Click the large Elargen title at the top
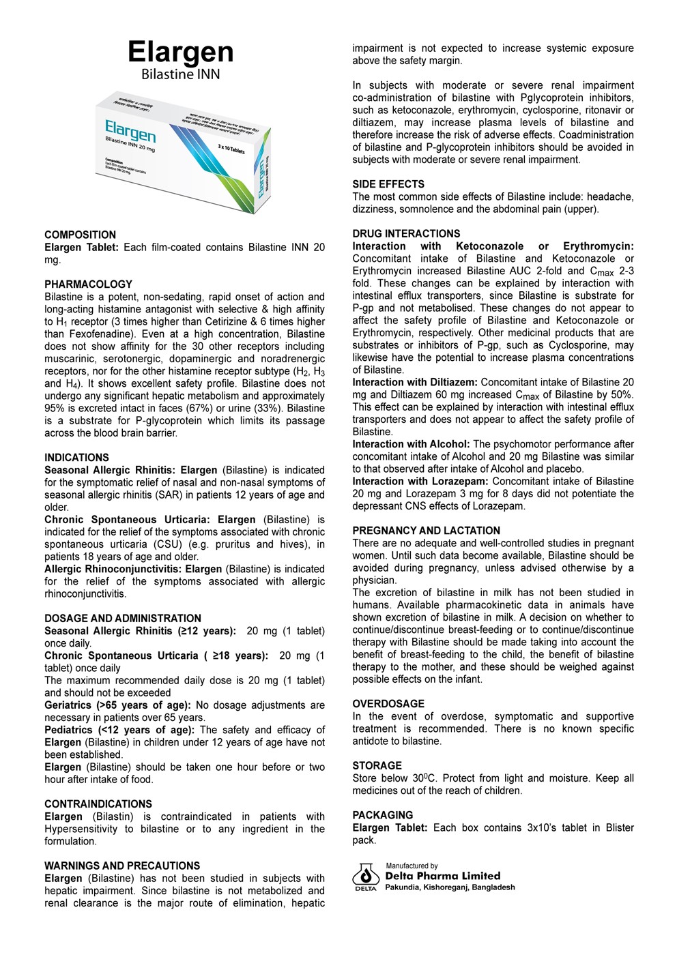(180, 52)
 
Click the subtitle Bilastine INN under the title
(180, 74)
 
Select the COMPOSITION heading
(80, 235)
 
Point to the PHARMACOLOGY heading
(88, 284)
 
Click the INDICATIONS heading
(76, 458)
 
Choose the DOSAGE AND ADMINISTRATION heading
(123, 619)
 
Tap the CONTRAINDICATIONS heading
(98, 804)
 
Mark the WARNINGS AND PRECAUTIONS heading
(122, 866)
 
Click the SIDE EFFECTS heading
(388, 184)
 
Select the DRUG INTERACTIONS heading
(406, 234)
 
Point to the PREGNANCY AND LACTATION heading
(426, 531)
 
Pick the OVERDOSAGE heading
(388, 704)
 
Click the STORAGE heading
(377, 766)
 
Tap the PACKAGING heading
(382, 815)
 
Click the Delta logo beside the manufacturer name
(366, 877)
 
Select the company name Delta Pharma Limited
(442, 876)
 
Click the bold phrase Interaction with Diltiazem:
(415, 383)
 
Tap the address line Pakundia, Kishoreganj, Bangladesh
(450, 887)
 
